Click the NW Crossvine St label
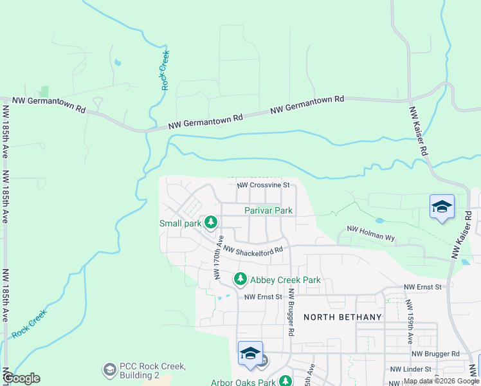[264, 185]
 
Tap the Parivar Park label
[268, 210]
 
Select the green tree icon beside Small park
[211, 223]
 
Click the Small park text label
[181, 223]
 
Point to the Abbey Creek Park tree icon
[240, 279]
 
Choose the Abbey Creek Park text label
[285, 280]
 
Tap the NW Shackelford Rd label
[253, 251]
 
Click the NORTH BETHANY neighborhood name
[343, 317]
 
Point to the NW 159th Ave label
[410, 320]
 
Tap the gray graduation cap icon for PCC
[109, 370]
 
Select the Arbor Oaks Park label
[243, 382]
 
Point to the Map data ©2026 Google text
[441, 381]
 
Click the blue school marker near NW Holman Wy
[442, 207]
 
